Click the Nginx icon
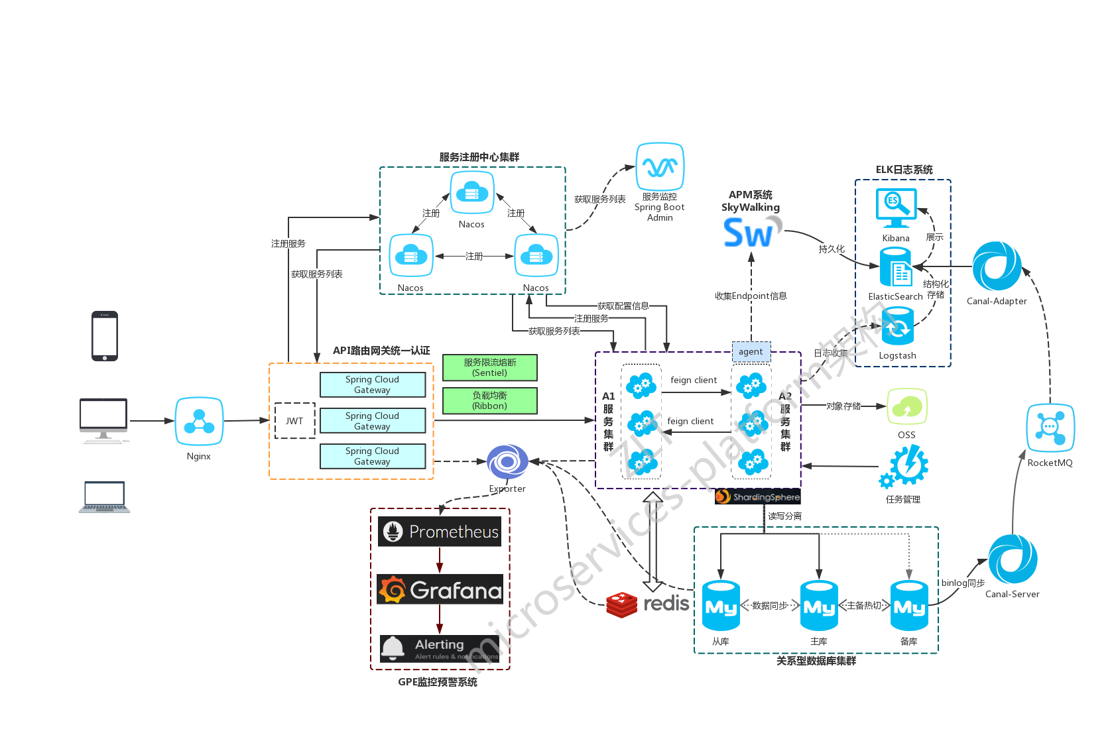coord(199,422)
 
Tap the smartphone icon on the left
coord(105,336)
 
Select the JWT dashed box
coord(295,421)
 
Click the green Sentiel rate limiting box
coord(490,368)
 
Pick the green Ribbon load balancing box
coord(490,401)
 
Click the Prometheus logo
coord(440,532)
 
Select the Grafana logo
coord(440,589)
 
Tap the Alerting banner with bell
coord(440,648)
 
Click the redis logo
coord(647,604)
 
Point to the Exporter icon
coord(507,462)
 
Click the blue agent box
coord(751,352)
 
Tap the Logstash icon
coord(897,327)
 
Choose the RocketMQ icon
coord(1050,428)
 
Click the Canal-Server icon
coord(1013,559)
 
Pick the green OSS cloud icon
coord(906,407)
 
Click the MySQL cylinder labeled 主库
coord(819,606)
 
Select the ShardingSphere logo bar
coord(758,496)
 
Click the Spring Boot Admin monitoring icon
coord(660,167)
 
